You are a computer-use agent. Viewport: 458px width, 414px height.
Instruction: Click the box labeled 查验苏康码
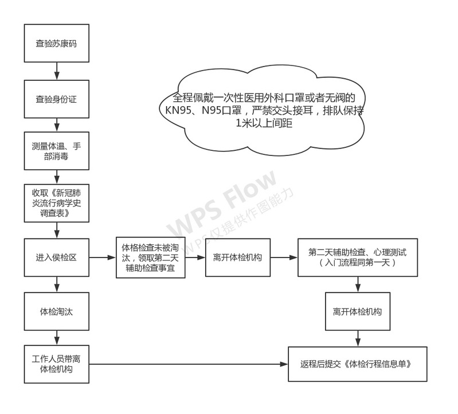57,43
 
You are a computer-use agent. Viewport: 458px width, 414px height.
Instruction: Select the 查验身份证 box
57,99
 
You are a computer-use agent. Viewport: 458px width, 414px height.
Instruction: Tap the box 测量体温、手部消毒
57,151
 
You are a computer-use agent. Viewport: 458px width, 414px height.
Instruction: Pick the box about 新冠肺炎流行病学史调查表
57,203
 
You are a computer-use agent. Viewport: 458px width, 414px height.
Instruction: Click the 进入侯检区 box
57,257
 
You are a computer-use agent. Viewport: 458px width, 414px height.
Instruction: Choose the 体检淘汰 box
57,311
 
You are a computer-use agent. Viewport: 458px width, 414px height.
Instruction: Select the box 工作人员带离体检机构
57,364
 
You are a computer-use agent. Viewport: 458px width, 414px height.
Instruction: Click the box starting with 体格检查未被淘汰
150,257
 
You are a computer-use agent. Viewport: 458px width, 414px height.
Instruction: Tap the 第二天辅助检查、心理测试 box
358,257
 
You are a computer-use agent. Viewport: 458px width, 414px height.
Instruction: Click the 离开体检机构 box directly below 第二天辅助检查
358,311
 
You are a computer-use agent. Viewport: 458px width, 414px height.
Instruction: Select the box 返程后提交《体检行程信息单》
358,364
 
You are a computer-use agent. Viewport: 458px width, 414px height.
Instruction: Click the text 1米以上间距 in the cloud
264,123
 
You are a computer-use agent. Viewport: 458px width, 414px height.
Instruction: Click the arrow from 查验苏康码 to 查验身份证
57,71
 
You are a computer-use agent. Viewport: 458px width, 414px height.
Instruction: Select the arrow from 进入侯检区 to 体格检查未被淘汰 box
103,257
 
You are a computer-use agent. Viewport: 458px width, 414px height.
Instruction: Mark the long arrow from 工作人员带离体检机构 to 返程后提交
189,364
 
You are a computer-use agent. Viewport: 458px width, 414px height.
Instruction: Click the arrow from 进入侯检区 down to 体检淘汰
57,284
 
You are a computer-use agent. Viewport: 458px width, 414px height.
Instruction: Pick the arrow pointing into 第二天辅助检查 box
284,257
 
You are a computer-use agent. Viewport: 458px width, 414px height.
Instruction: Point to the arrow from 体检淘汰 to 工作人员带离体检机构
57,338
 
